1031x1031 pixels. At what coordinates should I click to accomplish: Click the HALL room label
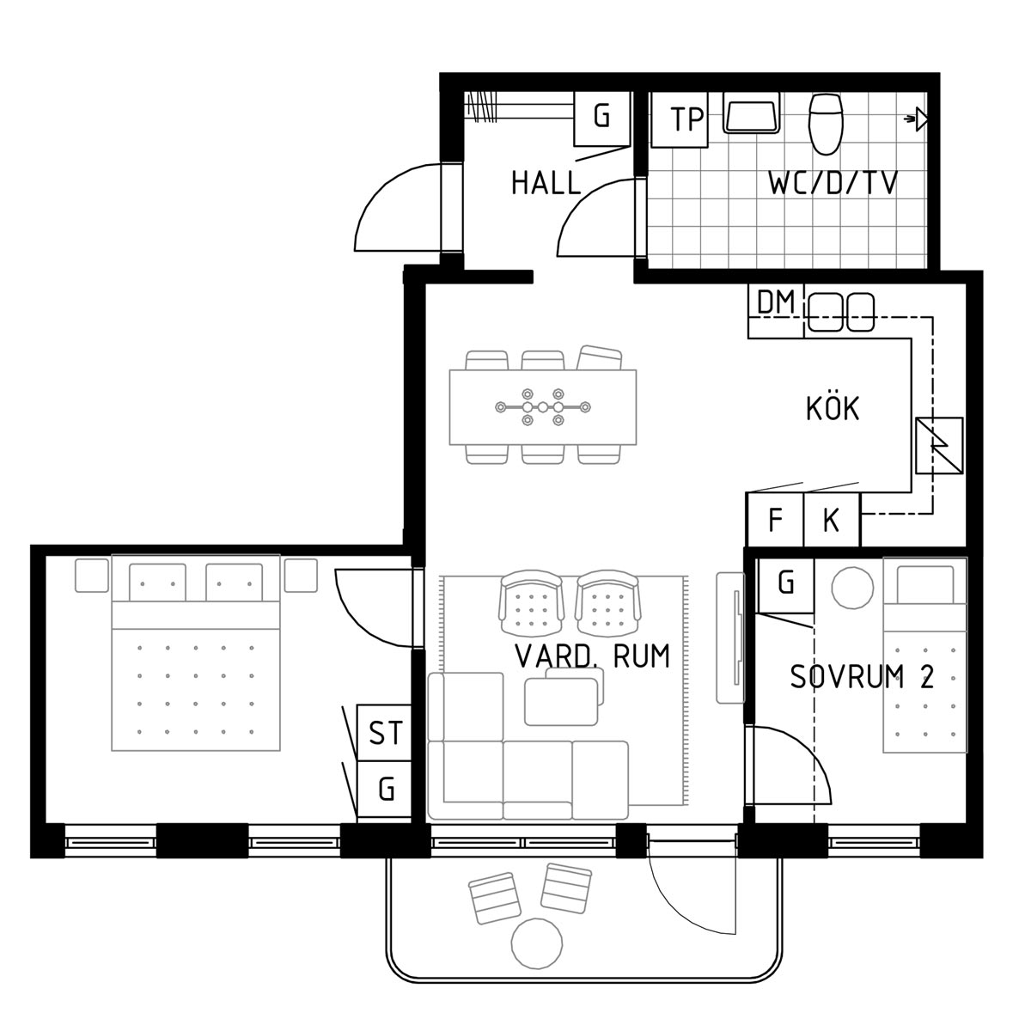546,183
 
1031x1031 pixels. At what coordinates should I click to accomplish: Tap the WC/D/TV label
833,183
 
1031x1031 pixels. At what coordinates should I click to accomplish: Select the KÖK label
833,408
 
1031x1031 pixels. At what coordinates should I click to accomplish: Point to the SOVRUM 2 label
862,676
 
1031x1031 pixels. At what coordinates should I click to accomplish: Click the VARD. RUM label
592,656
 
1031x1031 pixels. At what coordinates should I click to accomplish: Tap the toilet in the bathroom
826,124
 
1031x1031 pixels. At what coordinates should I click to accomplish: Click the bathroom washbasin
751,113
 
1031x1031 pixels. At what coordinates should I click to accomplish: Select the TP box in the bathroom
680,119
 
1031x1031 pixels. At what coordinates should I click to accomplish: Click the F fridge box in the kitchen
775,519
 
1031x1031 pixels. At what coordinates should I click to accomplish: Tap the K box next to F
832,519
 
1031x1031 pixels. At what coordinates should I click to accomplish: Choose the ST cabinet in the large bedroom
384,733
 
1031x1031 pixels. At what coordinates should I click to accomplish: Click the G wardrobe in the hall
602,119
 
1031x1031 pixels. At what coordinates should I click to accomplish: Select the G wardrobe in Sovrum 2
786,585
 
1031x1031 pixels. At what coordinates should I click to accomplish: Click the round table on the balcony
537,943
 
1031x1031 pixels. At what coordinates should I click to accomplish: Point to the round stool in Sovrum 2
852,588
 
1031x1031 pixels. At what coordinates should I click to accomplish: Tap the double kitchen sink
840,311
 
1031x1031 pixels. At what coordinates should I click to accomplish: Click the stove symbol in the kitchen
939,445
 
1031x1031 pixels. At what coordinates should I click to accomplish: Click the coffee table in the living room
561,702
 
